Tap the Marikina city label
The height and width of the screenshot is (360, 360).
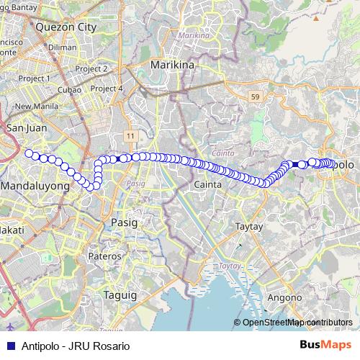coord(173,66)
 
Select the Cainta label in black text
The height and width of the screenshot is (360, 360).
coord(207,185)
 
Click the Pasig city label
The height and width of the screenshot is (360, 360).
coord(123,223)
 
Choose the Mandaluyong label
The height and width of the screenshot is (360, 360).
coord(35,186)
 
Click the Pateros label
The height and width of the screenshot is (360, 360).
coord(104,256)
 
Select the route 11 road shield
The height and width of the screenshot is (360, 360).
coord(130,135)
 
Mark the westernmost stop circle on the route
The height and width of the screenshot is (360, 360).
coord(29,153)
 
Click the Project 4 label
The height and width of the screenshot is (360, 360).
coord(108,89)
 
